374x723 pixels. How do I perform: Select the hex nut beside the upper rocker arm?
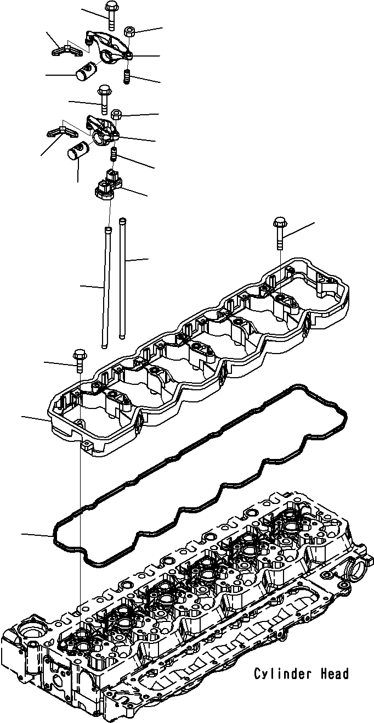pyautogui.click(x=130, y=31)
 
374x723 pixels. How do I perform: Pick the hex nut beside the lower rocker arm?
pyautogui.click(x=116, y=115)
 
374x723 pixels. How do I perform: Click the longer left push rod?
pyautogui.click(x=105, y=285)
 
